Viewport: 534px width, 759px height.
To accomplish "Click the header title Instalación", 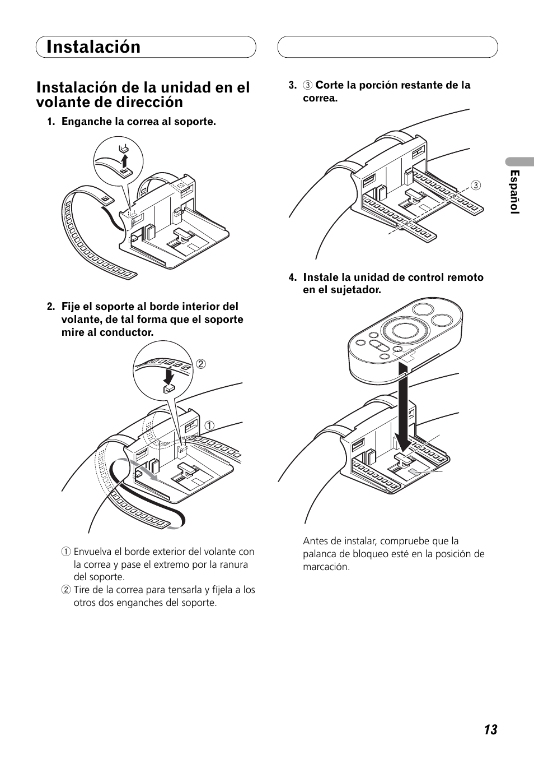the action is tap(93, 47).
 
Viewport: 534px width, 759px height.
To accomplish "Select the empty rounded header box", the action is tap(387, 47).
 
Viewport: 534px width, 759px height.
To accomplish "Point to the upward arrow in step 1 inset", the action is tap(125, 160).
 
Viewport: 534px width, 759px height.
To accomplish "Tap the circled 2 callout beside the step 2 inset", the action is tap(201, 364).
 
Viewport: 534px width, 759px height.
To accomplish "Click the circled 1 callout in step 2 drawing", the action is tap(210, 425).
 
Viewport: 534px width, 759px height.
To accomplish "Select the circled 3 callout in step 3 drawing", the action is tap(476, 186).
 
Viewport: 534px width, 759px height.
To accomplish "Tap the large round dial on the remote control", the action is tap(404, 330).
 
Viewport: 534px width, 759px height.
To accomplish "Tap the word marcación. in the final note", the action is tap(326, 567).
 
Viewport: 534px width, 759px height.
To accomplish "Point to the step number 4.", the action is tap(292, 277).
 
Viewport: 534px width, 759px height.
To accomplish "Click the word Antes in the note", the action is tap(315, 541).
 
